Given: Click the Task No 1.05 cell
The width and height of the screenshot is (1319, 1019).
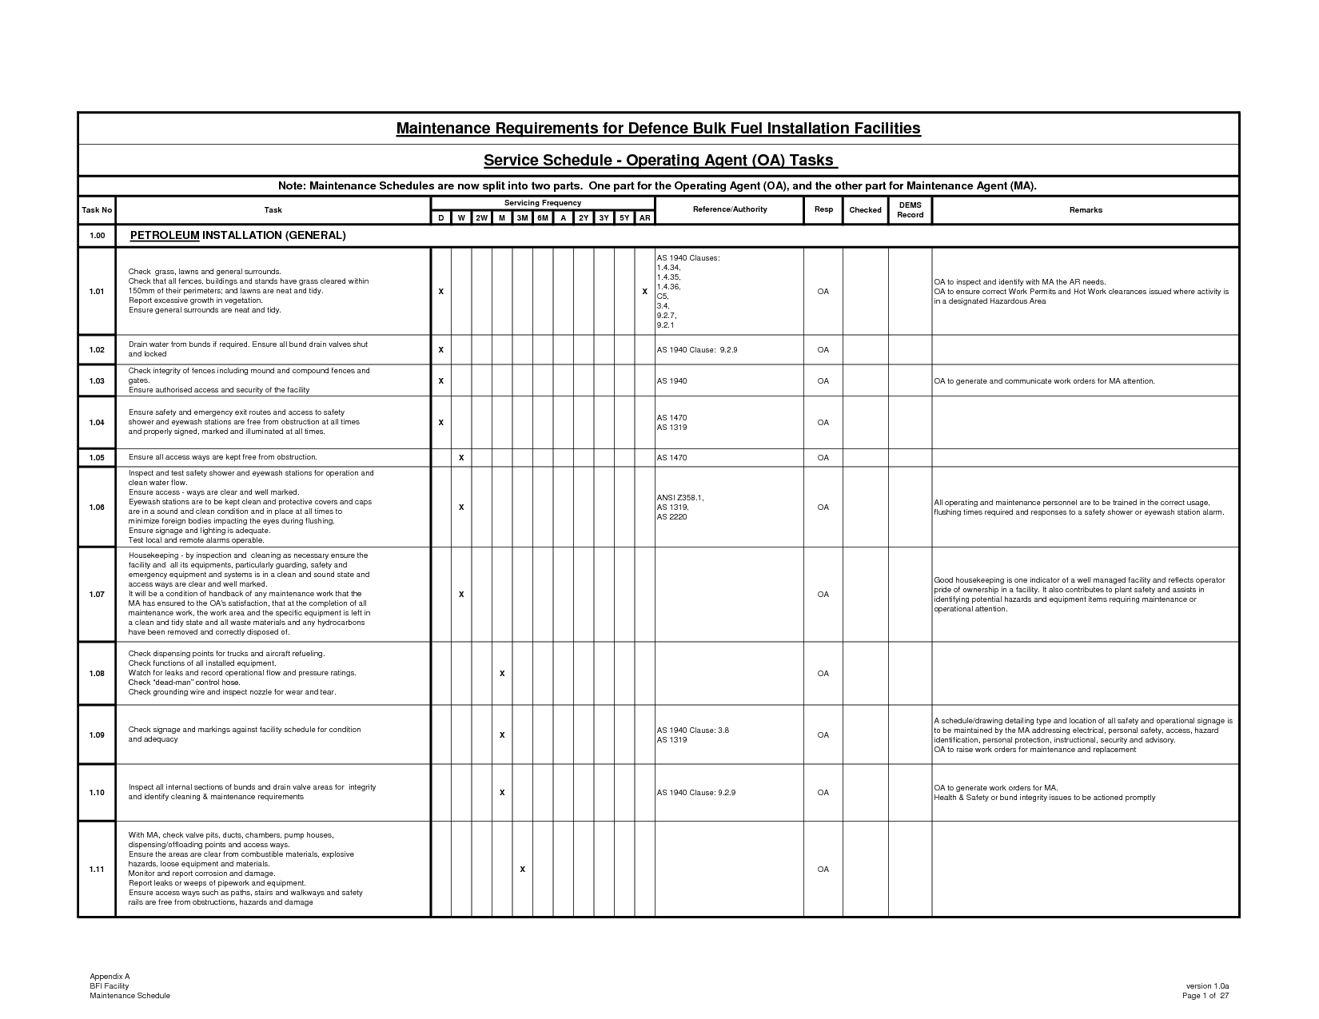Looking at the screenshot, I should (97, 458).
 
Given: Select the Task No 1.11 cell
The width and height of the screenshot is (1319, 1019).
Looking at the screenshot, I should (97, 870).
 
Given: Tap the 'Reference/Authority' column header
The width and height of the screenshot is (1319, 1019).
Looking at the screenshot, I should (730, 209).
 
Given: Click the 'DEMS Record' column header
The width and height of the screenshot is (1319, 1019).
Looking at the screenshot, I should (910, 210).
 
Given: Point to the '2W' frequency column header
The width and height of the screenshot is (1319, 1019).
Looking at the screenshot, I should (482, 218).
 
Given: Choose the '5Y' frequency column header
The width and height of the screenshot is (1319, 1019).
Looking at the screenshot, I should (624, 218).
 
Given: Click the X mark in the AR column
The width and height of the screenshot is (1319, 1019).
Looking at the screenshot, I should (644, 292).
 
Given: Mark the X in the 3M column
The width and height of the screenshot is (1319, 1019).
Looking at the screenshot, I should (522, 870).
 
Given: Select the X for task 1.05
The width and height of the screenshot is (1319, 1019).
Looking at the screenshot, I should (461, 458).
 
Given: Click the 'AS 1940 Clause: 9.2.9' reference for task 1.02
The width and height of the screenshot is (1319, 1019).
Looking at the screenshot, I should (696, 350).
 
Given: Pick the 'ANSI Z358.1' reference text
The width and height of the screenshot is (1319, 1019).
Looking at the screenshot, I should (679, 498).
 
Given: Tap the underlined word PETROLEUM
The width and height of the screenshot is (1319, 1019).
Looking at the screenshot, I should (165, 236).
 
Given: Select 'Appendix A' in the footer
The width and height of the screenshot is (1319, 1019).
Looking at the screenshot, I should (110, 977).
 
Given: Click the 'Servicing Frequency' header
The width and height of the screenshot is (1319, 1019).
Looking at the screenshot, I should (542, 203).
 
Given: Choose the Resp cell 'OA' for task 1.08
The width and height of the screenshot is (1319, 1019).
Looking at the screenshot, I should (823, 674).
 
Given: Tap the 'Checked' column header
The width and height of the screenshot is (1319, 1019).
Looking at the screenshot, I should (865, 210).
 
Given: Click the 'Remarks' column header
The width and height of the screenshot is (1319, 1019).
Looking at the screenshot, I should (1085, 210).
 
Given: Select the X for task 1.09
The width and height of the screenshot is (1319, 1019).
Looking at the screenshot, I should (502, 735).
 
